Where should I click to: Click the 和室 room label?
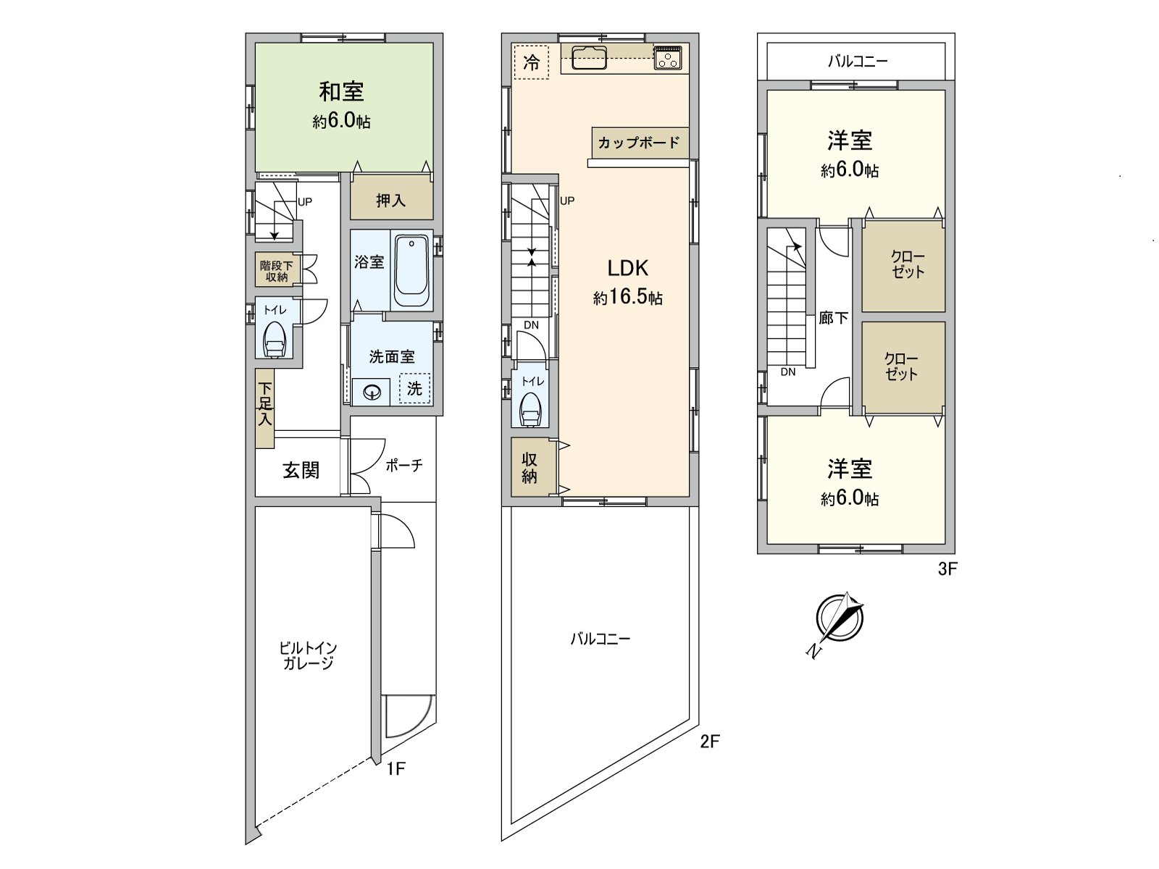(341, 92)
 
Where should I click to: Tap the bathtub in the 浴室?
(411, 271)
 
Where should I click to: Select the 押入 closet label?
(390, 201)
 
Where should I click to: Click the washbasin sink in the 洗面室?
(372, 392)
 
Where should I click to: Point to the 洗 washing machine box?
(414, 388)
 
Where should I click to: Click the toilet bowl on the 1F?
(275, 339)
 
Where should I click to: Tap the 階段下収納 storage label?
(276, 271)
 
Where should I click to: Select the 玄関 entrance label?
(301, 470)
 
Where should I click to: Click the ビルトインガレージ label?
(309, 655)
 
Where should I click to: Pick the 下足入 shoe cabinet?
(265, 408)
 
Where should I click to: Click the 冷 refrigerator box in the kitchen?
(531, 62)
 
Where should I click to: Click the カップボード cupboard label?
(638, 143)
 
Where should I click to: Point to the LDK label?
(627, 269)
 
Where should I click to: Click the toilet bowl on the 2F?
(530, 410)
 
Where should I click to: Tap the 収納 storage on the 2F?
(530, 467)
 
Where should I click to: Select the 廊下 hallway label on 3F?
(833, 318)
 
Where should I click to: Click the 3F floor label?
(947, 569)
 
